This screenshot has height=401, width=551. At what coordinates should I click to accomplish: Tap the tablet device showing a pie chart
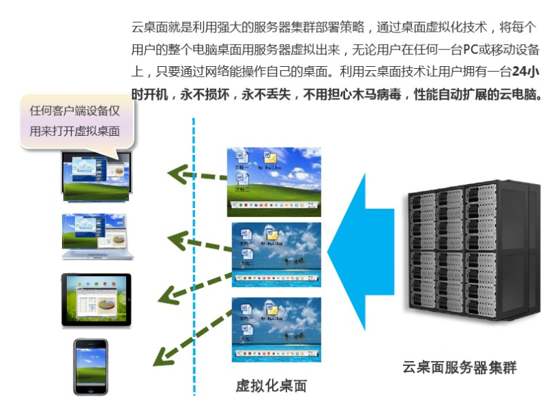click(96, 300)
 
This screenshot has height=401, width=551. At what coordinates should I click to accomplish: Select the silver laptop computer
click(96, 236)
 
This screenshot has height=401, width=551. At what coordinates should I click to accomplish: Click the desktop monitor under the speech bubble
click(96, 176)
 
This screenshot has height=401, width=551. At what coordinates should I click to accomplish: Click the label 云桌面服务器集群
click(459, 367)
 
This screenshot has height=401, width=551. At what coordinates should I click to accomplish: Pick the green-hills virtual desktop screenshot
click(274, 181)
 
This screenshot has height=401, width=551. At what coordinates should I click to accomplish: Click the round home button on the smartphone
click(91, 389)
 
